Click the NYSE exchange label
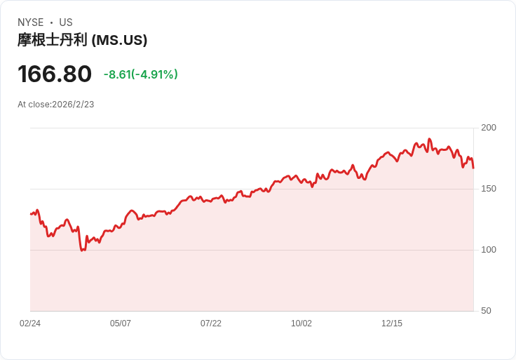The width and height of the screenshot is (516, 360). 31,22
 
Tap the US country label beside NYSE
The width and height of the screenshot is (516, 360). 66,22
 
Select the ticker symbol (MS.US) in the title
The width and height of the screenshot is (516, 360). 119,41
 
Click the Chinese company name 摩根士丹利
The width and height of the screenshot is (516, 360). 53,40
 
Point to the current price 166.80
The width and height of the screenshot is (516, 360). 55,74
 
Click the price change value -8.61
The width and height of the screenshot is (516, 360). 118,74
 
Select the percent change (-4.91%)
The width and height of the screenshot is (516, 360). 155,74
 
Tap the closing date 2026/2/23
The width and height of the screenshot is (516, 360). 73,105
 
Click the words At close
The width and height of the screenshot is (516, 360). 34,105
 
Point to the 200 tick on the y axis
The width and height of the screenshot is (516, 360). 489,128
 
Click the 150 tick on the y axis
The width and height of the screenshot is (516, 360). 489,189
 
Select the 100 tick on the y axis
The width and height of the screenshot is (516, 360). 489,250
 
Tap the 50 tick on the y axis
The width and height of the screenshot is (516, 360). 486,311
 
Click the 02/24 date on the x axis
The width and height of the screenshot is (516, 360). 30,324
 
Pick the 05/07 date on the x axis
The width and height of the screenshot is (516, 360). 121,324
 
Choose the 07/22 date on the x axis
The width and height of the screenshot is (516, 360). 211,324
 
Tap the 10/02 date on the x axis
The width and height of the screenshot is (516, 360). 301,324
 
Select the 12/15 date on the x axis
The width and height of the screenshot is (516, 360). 392,324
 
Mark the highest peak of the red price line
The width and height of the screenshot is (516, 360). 429,139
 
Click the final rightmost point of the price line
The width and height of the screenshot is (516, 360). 473,168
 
